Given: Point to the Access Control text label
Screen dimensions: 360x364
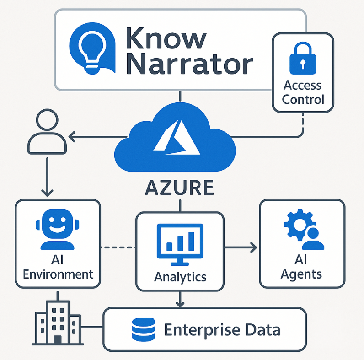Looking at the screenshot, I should point(303,92).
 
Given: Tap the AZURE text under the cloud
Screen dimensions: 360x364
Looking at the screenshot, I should point(179,187).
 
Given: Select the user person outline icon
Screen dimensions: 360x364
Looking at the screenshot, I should point(47,132).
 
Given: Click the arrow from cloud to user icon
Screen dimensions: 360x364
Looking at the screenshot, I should point(96,136).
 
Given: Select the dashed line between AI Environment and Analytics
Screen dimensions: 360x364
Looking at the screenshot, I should point(118,247).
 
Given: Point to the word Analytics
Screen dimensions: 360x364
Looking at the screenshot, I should point(180,277).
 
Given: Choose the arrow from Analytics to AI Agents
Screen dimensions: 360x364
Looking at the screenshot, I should point(241,247).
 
